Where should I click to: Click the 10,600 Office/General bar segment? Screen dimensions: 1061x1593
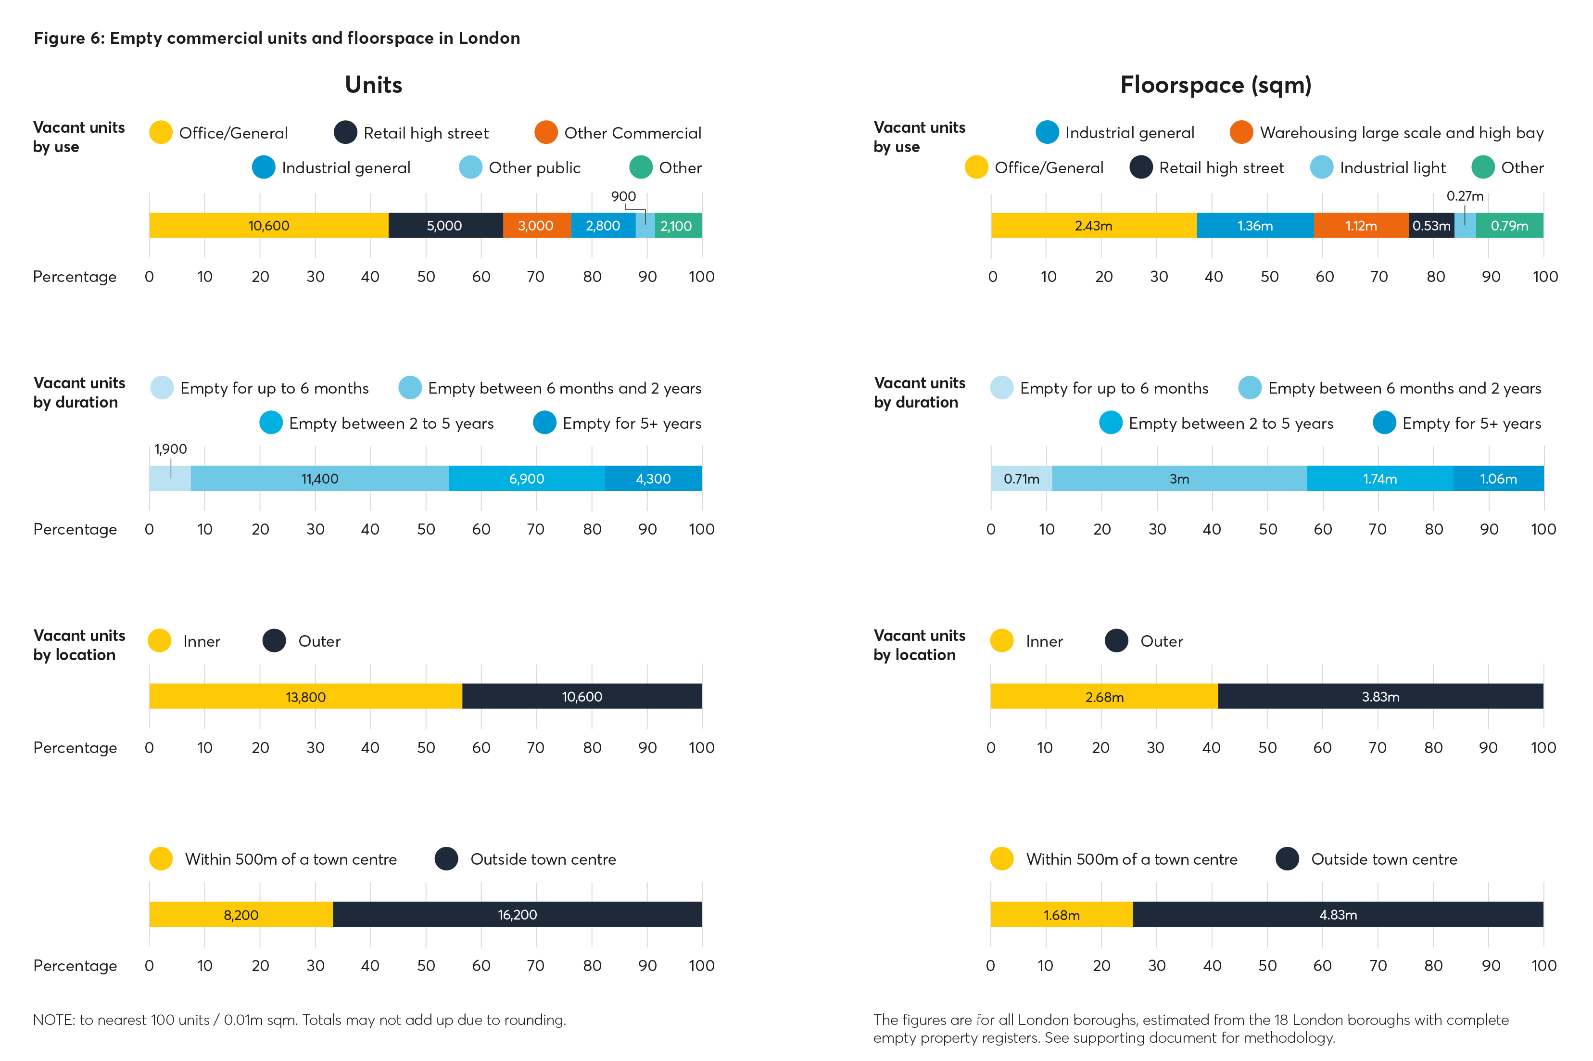click(x=268, y=225)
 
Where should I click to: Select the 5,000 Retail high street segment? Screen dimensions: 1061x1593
click(x=444, y=225)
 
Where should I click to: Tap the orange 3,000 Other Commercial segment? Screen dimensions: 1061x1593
click(x=536, y=225)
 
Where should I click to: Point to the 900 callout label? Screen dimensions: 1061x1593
click(x=623, y=196)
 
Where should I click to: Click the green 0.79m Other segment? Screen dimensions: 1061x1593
click(x=1509, y=225)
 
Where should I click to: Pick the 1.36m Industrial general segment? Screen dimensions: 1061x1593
click(x=1255, y=225)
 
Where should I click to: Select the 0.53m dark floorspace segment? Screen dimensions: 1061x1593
click(x=1430, y=225)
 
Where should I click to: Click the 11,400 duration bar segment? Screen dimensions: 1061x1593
click(x=319, y=478)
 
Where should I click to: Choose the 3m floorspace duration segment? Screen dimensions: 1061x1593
click(x=1179, y=478)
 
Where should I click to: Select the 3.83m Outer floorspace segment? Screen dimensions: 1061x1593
click(x=1380, y=696)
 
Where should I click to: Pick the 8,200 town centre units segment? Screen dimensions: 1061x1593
click(x=241, y=915)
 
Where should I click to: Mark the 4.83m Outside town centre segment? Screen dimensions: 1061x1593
click(x=1337, y=915)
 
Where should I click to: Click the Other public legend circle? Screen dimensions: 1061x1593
click(x=470, y=167)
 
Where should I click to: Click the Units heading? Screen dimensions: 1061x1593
click(x=373, y=85)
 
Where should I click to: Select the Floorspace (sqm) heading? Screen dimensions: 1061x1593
click(x=1215, y=85)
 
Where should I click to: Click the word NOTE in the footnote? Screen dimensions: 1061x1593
click(x=53, y=1020)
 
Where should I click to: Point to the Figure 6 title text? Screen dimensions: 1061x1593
click(x=277, y=38)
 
